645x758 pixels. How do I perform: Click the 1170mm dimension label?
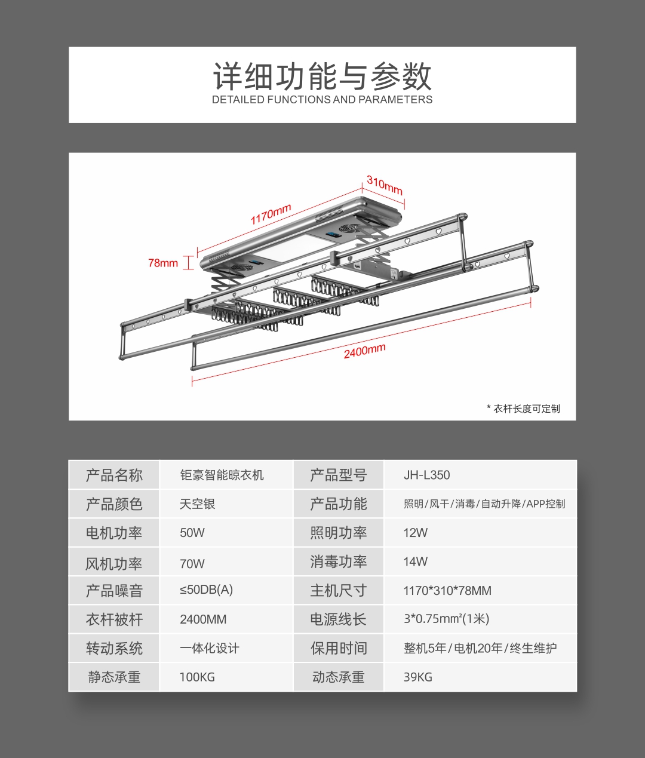click(271, 213)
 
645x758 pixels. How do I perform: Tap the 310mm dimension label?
click(385, 185)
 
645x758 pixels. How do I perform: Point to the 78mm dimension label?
click(163, 263)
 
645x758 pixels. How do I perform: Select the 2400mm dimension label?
click(364, 351)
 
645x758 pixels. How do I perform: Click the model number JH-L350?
click(426, 475)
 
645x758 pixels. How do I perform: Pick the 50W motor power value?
click(192, 532)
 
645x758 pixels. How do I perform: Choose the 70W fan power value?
click(192, 563)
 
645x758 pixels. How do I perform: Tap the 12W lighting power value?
click(416, 532)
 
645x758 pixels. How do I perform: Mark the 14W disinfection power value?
click(416, 561)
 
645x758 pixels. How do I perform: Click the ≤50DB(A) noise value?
click(206, 590)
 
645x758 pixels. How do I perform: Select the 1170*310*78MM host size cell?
click(447, 590)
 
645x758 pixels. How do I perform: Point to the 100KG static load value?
click(197, 677)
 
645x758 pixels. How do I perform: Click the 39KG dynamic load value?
click(417, 677)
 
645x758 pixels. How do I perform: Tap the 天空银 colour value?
click(197, 504)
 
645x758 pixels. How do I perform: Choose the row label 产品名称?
click(114, 475)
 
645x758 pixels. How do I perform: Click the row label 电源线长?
click(338, 619)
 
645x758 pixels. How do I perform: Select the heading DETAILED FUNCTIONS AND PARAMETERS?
click(322, 99)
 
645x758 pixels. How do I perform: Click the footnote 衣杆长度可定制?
click(527, 409)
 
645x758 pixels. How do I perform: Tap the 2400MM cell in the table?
click(203, 619)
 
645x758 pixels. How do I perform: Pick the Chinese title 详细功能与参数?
click(322, 76)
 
